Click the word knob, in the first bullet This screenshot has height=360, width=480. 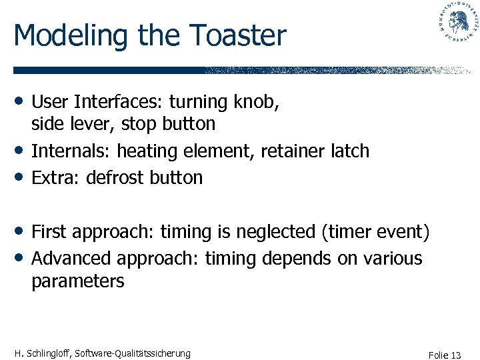257,101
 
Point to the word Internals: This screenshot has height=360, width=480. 71,151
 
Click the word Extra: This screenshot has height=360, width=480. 55,178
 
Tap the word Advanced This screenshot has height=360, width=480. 72,258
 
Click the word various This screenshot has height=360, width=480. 393,258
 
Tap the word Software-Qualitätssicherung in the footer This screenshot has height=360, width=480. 133,353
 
